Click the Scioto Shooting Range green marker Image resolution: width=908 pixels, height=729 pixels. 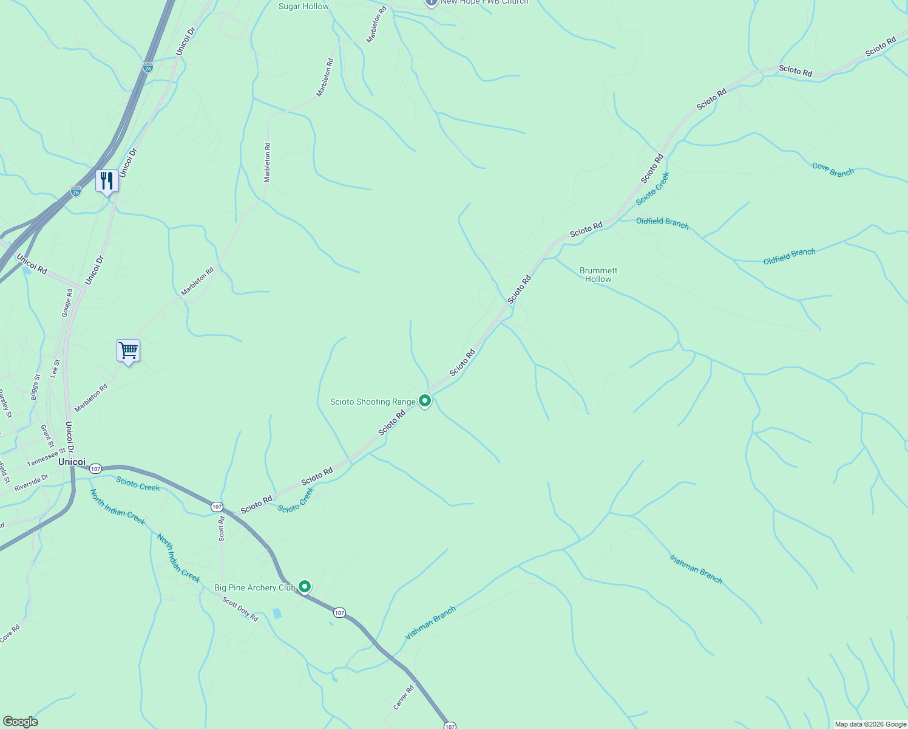pyautogui.click(x=425, y=400)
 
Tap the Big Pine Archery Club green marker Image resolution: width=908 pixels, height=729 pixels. pyautogui.click(x=305, y=586)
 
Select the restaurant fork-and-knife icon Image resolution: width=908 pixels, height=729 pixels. pyautogui.click(x=107, y=181)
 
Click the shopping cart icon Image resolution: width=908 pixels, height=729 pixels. pyautogui.click(x=128, y=351)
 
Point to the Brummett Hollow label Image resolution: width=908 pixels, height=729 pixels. pyautogui.click(x=598, y=275)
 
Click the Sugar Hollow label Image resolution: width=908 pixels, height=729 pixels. pyautogui.click(x=303, y=6)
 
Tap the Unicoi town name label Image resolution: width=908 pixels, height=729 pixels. pyautogui.click(x=72, y=462)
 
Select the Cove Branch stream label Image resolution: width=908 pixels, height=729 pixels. pyautogui.click(x=833, y=169)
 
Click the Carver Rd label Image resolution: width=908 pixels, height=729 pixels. pyautogui.click(x=404, y=697)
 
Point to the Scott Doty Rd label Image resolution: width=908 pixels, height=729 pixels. pyautogui.click(x=240, y=609)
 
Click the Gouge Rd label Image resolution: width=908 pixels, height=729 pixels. pyautogui.click(x=67, y=303)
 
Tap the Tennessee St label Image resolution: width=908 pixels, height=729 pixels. pyautogui.click(x=46, y=458)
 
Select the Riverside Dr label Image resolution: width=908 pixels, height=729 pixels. pyautogui.click(x=31, y=483)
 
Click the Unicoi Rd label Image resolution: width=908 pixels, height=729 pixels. pyautogui.click(x=32, y=264)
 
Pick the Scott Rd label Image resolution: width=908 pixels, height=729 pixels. pyautogui.click(x=222, y=529)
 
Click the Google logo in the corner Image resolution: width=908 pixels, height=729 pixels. pyautogui.click(x=20, y=722)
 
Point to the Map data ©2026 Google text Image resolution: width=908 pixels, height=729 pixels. pyautogui.click(x=870, y=724)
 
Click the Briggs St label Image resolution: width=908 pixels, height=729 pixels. pyautogui.click(x=35, y=387)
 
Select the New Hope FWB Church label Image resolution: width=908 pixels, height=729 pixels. pyautogui.click(x=484, y=2)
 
